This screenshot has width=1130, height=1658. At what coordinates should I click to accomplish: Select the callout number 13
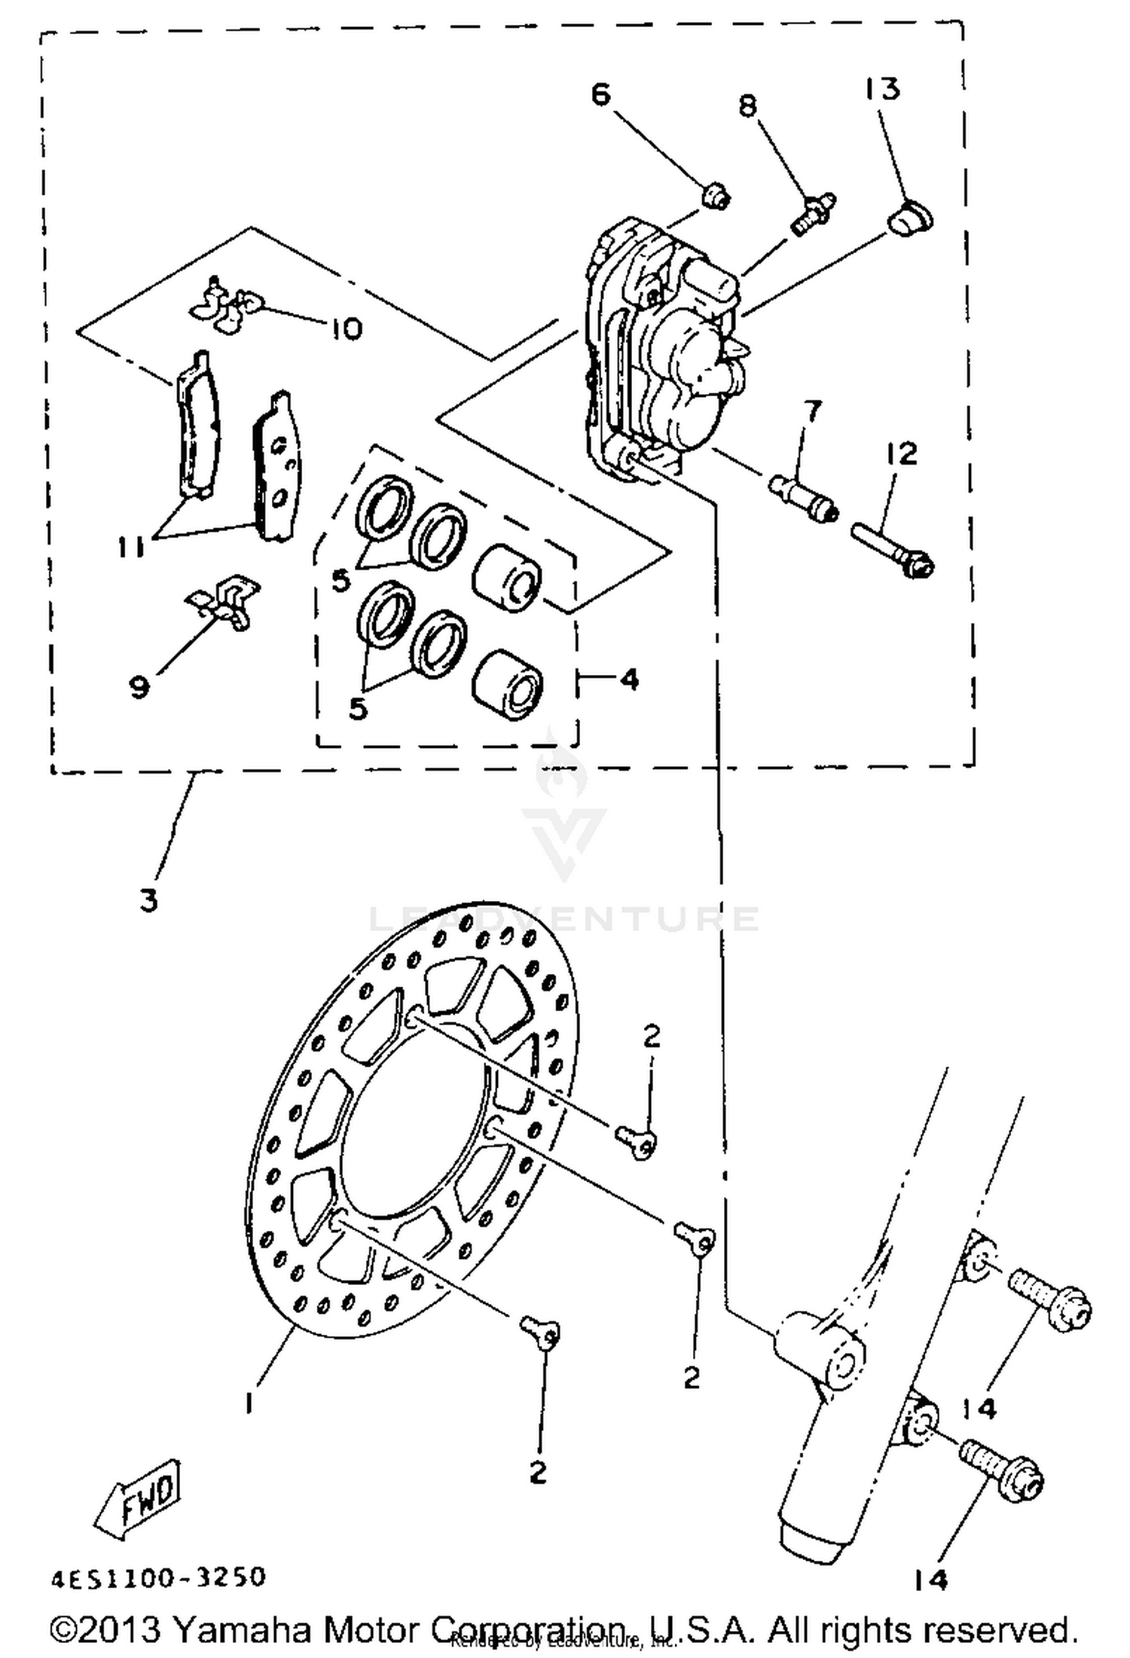882,89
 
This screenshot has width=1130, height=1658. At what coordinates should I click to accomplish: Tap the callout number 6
600,95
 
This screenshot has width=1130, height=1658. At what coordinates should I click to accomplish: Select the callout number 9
140,686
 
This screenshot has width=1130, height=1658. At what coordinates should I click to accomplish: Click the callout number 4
628,679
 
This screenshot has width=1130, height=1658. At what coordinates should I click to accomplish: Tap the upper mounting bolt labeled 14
1047,1300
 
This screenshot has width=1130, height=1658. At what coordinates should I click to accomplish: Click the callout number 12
902,453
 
